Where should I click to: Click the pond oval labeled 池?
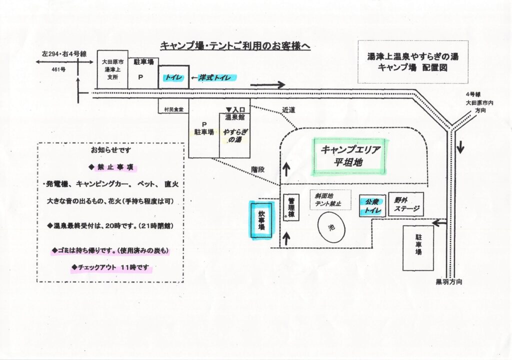tap(330, 227)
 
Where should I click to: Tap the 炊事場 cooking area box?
tap(261, 220)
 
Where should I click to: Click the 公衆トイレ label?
tap(372, 205)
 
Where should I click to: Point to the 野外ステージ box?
tap(405, 204)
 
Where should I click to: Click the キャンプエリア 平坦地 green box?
tap(350, 156)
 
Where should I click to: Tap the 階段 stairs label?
tap(258, 169)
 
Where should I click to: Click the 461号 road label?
tap(59, 69)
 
